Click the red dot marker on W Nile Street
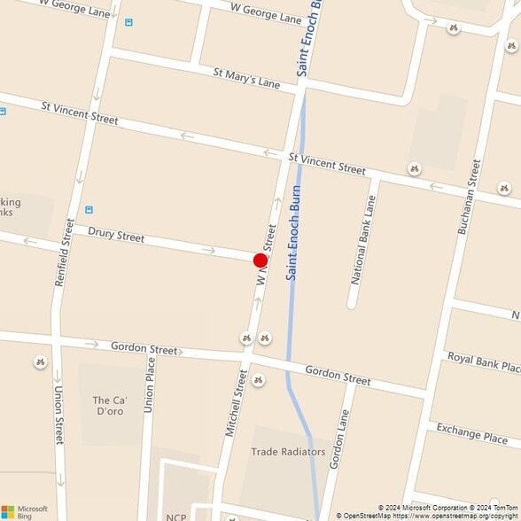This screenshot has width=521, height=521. pyautogui.click(x=260, y=260)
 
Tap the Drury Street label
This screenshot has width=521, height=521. pyautogui.click(x=116, y=236)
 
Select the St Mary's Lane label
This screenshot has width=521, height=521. pyautogui.click(x=246, y=78)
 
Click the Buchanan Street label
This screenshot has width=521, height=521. pyautogui.click(x=468, y=197)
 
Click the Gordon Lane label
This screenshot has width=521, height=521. pyautogui.click(x=337, y=439)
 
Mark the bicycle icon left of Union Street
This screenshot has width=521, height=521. pyautogui.click(x=40, y=362)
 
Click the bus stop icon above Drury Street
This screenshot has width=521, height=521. pyautogui.click(x=89, y=210)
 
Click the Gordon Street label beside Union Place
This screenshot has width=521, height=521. pyautogui.click(x=144, y=347)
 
